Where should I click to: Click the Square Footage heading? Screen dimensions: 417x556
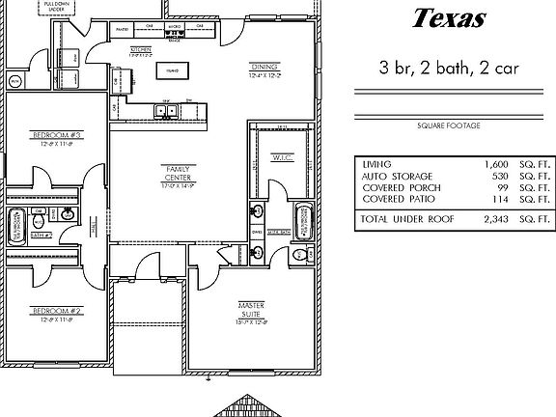coord(449,125)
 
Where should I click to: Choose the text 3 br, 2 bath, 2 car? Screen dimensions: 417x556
coord(449,69)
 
